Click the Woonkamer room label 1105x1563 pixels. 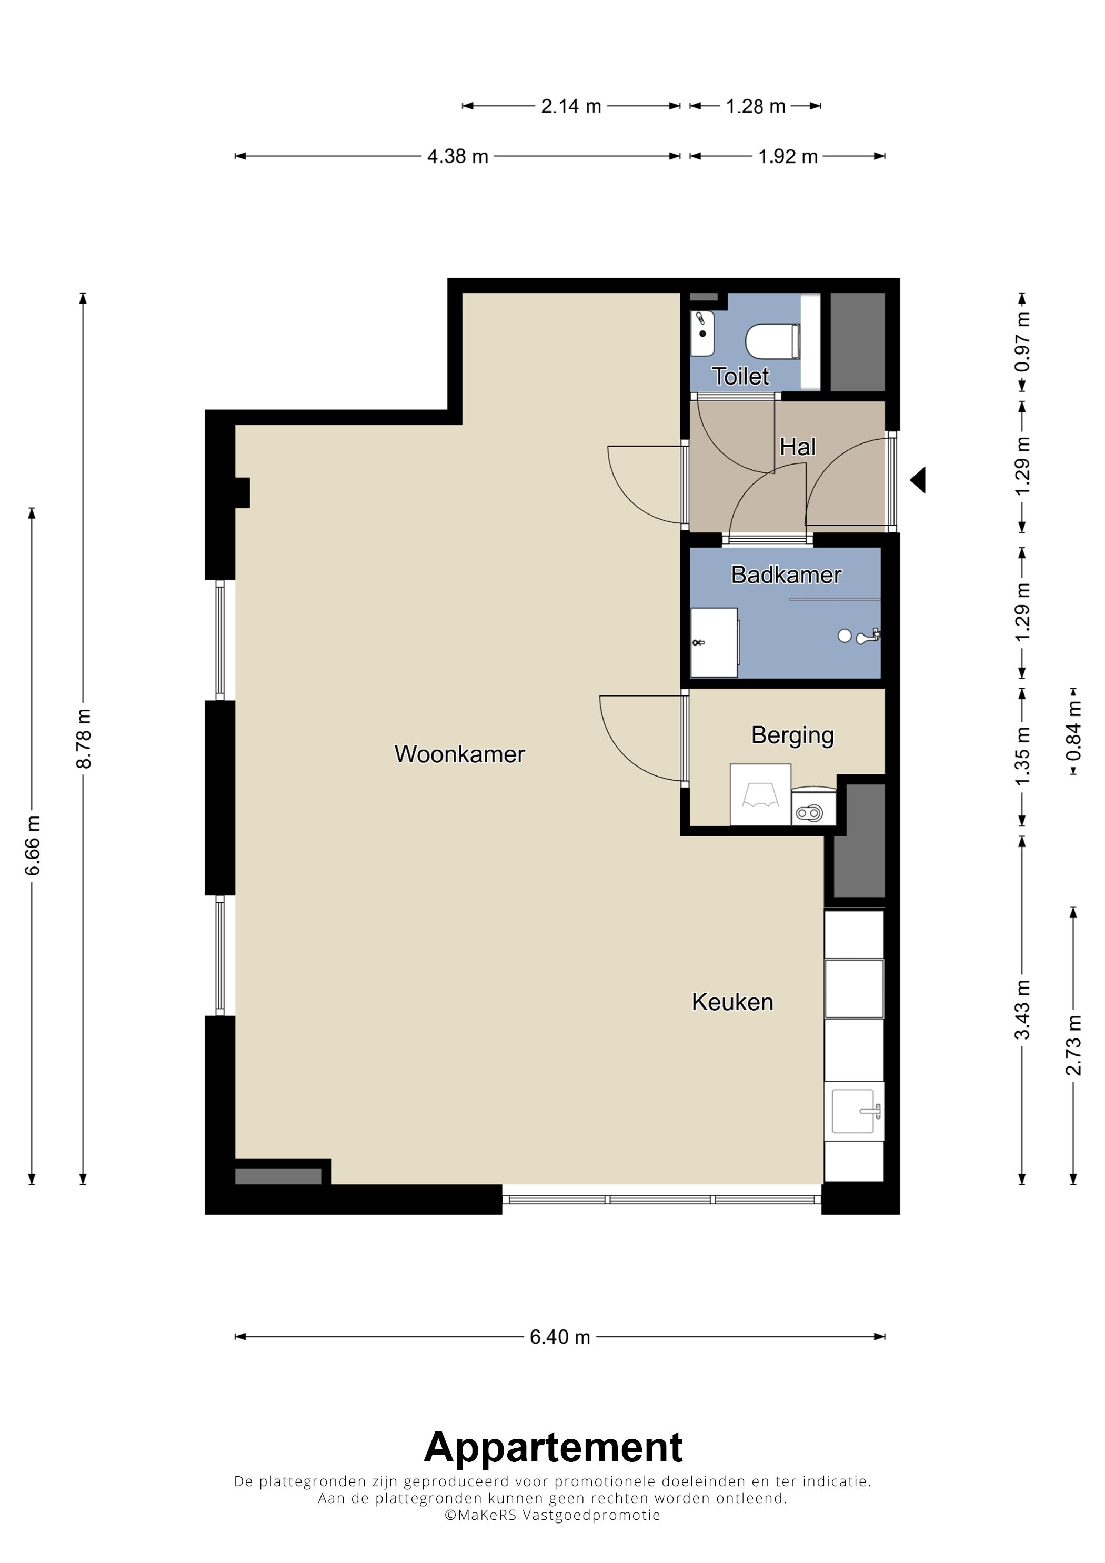coord(459,754)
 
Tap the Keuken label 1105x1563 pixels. coord(732,1002)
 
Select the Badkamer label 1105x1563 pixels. coord(786,575)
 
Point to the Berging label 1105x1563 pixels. coord(792,736)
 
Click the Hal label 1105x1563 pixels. coord(797,447)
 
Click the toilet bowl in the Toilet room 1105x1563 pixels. coord(773,341)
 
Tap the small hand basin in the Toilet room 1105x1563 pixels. coord(702,334)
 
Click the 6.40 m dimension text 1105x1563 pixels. coord(560,1337)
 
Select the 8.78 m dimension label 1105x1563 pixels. coord(83,739)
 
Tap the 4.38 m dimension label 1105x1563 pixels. coord(458,157)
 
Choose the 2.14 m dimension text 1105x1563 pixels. coord(571,106)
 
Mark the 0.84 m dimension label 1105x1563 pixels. coord(1073,732)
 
